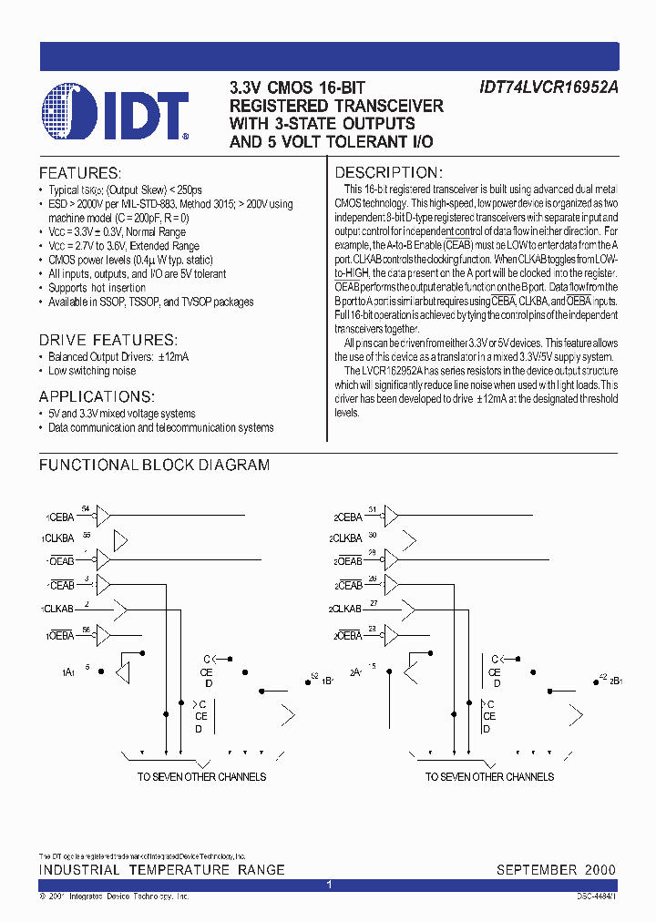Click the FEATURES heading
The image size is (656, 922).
point(79,172)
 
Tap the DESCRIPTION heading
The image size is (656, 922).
point(389,172)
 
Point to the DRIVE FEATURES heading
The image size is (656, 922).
point(108,339)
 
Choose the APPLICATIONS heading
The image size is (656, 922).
point(97,396)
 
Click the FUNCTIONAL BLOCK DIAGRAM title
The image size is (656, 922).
point(154,465)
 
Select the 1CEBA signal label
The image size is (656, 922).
point(59,517)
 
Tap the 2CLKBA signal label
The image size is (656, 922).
point(348,538)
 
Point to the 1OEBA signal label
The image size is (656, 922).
point(59,635)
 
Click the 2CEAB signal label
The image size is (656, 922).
point(347,585)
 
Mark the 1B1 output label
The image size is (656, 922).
point(326,681)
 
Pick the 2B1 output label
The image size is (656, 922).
point(615,681)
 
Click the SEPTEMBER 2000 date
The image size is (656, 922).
point(556,870)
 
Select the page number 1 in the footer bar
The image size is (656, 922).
point(329,885)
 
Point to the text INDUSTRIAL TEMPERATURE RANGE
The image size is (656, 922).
point(161,870)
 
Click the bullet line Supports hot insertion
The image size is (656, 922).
point(97,288)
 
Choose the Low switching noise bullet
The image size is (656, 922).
point(92,371)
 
